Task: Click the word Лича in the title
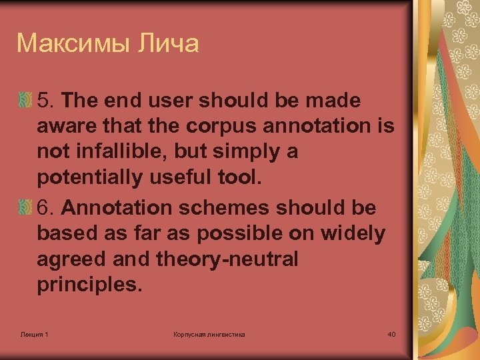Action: (167, 43)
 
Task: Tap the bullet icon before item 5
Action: (25, 101)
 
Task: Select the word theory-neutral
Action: (227, 259)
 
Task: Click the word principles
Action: (89, 285)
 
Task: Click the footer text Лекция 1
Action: (34, 333)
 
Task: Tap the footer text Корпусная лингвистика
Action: (209, 333)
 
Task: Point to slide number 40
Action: (391, 333)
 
